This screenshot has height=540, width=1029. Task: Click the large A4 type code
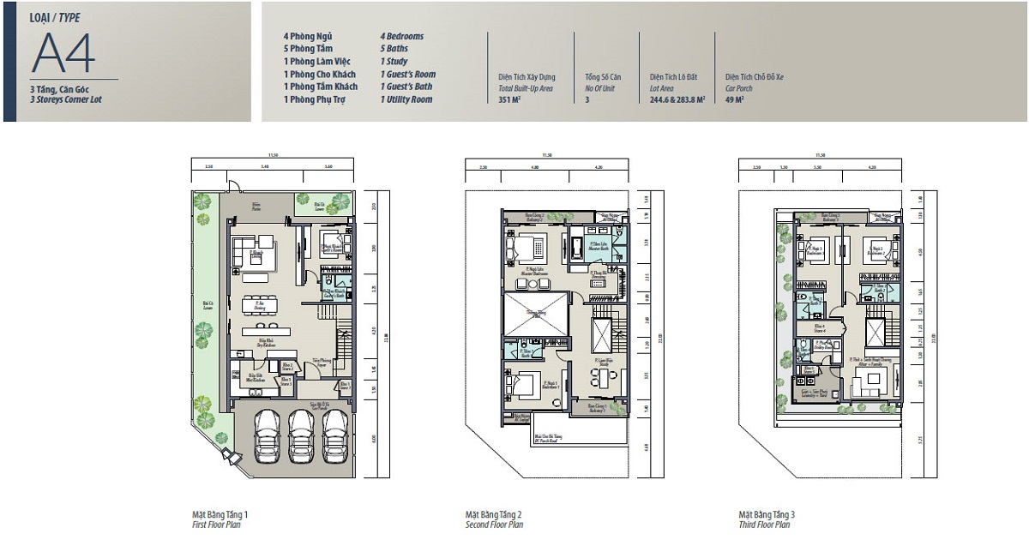click(x=63, y=53)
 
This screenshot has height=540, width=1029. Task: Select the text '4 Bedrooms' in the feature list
click(x=402, y=37)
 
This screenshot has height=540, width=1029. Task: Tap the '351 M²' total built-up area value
click(x=510, y=99)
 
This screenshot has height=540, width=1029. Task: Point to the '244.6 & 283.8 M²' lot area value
click(x=677, y=99)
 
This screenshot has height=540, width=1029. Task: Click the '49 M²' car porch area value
click(x=734, y=99)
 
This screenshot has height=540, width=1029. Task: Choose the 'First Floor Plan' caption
click(x=216, y=524)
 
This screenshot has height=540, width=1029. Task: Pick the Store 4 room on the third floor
click(x=819, y=327)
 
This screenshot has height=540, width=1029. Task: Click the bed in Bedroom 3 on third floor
click(x=810, y=251)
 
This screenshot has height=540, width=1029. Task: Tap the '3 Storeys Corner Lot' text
click(x=65, y=99)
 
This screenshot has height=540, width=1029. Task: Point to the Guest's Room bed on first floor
click(x=330, y=242)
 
